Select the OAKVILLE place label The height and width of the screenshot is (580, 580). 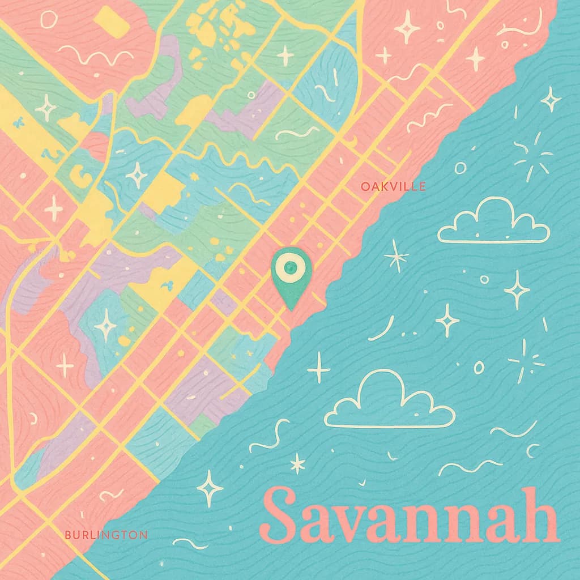(x=393, y=186)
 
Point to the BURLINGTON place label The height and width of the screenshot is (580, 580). (x=106, y=534)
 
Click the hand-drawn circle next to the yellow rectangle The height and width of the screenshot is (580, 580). (x=49, y=20)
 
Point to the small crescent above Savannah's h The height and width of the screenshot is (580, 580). (x=533, y=451)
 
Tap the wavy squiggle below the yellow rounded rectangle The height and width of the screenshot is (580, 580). (x=95, y=57)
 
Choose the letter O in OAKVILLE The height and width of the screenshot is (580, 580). (x=365, y=186)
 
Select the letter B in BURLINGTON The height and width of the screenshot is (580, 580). (x=68, y=534)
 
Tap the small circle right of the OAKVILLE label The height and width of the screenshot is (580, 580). (x=460, y=168)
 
